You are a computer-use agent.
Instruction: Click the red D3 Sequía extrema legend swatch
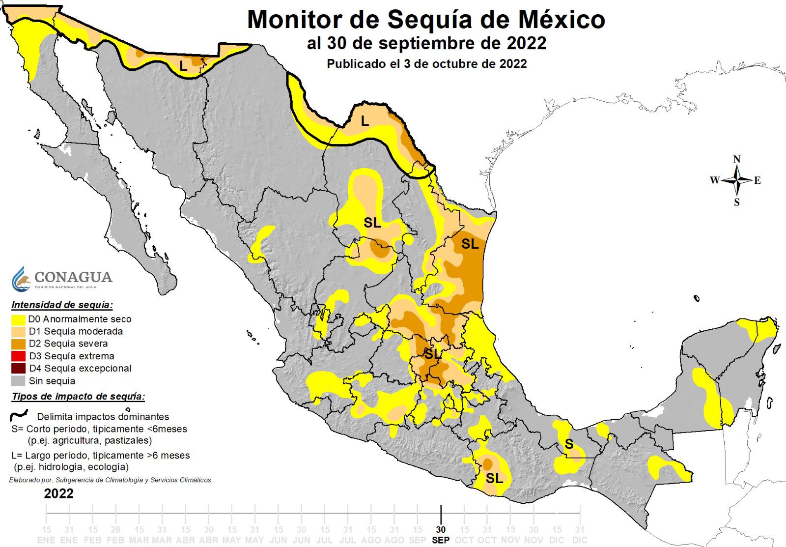coord(19,356)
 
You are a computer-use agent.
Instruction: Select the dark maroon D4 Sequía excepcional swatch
coord(19,368)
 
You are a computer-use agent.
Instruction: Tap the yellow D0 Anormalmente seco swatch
coord(19,319)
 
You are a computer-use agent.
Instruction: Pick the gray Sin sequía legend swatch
coord(19,381)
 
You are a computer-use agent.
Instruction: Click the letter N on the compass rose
coord(737,159)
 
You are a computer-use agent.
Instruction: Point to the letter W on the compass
coord(714,180)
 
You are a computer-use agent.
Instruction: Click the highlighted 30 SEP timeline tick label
coord(441,534)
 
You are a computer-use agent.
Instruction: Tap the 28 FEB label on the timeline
coord(115,534)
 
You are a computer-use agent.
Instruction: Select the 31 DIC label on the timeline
coord(580,534)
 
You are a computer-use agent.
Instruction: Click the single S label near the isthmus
coord(569,444)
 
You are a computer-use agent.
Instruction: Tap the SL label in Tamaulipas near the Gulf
coord(470,244)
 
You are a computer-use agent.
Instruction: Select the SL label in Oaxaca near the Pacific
coord(494,478)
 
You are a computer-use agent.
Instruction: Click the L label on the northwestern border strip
coord(183,65)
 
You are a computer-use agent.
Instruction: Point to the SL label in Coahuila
coord(372,223)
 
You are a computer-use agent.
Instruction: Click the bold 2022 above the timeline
coord(58,493)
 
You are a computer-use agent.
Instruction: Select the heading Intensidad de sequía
coord(62,305)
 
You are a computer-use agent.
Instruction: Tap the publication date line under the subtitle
coord(426,64)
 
